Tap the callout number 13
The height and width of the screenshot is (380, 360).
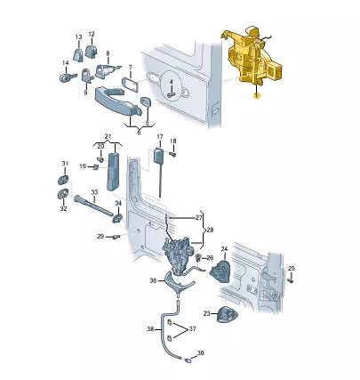pos(78,37)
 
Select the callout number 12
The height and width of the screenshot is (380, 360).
pos(92,34)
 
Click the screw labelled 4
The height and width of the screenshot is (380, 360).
pos(172,95)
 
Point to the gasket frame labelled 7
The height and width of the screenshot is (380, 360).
pos(131,85)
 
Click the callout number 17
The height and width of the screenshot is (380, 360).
pos(160,137)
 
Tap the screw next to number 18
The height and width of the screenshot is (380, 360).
pos(172,154)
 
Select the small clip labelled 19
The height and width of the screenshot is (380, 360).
pos(96,167)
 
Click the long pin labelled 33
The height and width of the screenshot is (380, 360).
pos(93,205)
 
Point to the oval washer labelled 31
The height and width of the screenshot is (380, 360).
pos(63,180)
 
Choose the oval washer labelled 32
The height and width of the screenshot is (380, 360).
pos(63,194)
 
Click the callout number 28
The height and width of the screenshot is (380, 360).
pos(210,230)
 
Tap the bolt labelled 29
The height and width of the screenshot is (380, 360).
pos(116,237)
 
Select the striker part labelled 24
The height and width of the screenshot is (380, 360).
pos(220,271)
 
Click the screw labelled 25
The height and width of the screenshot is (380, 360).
pos(291,279)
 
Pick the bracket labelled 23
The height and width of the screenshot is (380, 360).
pos(228,314)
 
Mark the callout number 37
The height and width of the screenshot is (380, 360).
pos(193,328)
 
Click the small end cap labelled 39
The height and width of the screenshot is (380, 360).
pos(188,360)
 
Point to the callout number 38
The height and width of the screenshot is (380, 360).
pos(150,328)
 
